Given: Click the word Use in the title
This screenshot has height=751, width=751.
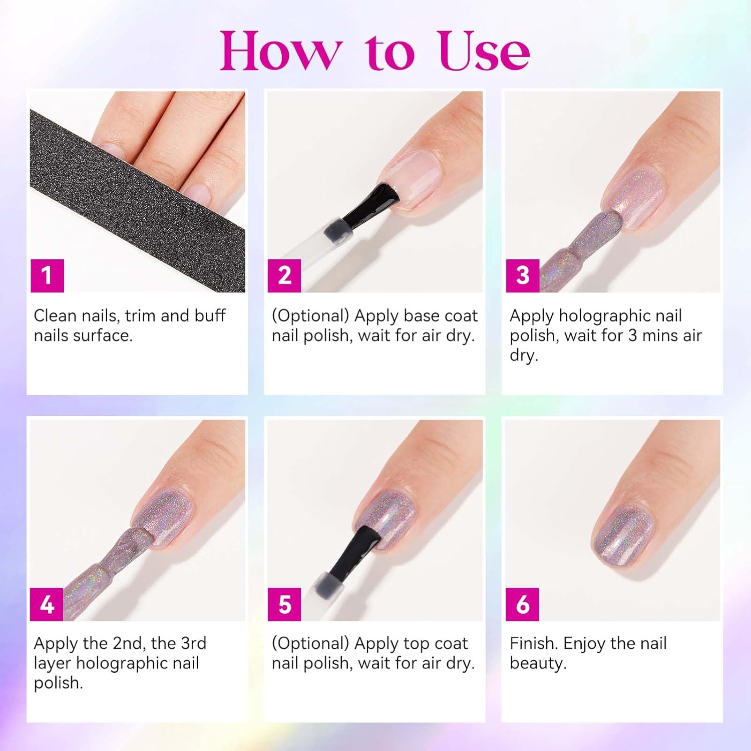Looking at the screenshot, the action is pos(484,51).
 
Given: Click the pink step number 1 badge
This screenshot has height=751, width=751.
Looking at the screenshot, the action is pos(47,275).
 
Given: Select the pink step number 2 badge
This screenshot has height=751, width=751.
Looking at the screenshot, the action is pos(284,275).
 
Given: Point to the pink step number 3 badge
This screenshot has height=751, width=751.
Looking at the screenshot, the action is pos(523,275).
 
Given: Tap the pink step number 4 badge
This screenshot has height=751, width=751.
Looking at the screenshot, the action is pos(47,604).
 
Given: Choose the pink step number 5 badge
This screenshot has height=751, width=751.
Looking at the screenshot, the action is pos(284,604).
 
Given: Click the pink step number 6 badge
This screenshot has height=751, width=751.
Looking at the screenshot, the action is pos(523,604).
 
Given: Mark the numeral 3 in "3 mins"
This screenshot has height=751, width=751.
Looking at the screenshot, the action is pos(632,335).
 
